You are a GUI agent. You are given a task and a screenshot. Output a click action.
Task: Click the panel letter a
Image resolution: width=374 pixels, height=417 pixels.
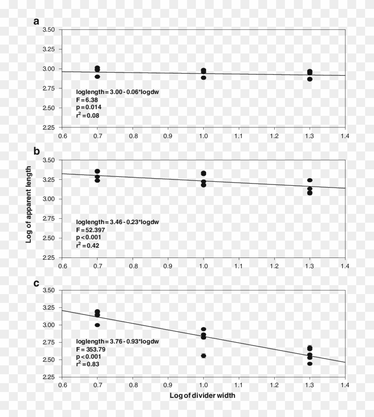[37, 21]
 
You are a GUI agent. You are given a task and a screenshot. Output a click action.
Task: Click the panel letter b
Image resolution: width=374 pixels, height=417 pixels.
[37, 151]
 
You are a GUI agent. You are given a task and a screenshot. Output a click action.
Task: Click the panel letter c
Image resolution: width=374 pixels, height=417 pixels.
[37, 282]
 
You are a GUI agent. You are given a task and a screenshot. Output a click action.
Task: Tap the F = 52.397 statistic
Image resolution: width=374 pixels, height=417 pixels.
[94, 229]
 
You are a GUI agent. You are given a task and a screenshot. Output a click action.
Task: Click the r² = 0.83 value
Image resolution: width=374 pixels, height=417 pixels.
[88, 364]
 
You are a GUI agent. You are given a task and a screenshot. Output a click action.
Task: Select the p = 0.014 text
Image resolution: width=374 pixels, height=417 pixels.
[89, 108]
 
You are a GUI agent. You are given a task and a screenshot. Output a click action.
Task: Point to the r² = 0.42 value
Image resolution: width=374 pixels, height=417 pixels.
[88, 245]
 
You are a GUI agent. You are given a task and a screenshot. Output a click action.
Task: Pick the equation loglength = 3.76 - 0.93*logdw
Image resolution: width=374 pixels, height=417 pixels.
[118, 341]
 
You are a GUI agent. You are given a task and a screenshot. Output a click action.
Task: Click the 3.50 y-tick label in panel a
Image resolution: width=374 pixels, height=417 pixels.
[49, 30]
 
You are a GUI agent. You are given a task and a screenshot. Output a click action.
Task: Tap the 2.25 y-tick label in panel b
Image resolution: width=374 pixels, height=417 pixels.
[49, 258]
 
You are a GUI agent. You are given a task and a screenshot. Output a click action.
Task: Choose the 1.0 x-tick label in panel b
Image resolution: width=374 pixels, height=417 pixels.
[203, 266]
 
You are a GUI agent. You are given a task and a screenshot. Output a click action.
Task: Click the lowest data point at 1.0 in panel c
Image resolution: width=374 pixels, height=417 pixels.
[203, 356]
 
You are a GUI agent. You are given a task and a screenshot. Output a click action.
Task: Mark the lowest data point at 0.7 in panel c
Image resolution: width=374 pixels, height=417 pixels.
[98, 325]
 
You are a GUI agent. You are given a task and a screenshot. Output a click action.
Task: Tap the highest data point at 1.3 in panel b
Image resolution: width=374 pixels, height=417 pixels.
[309, 180]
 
